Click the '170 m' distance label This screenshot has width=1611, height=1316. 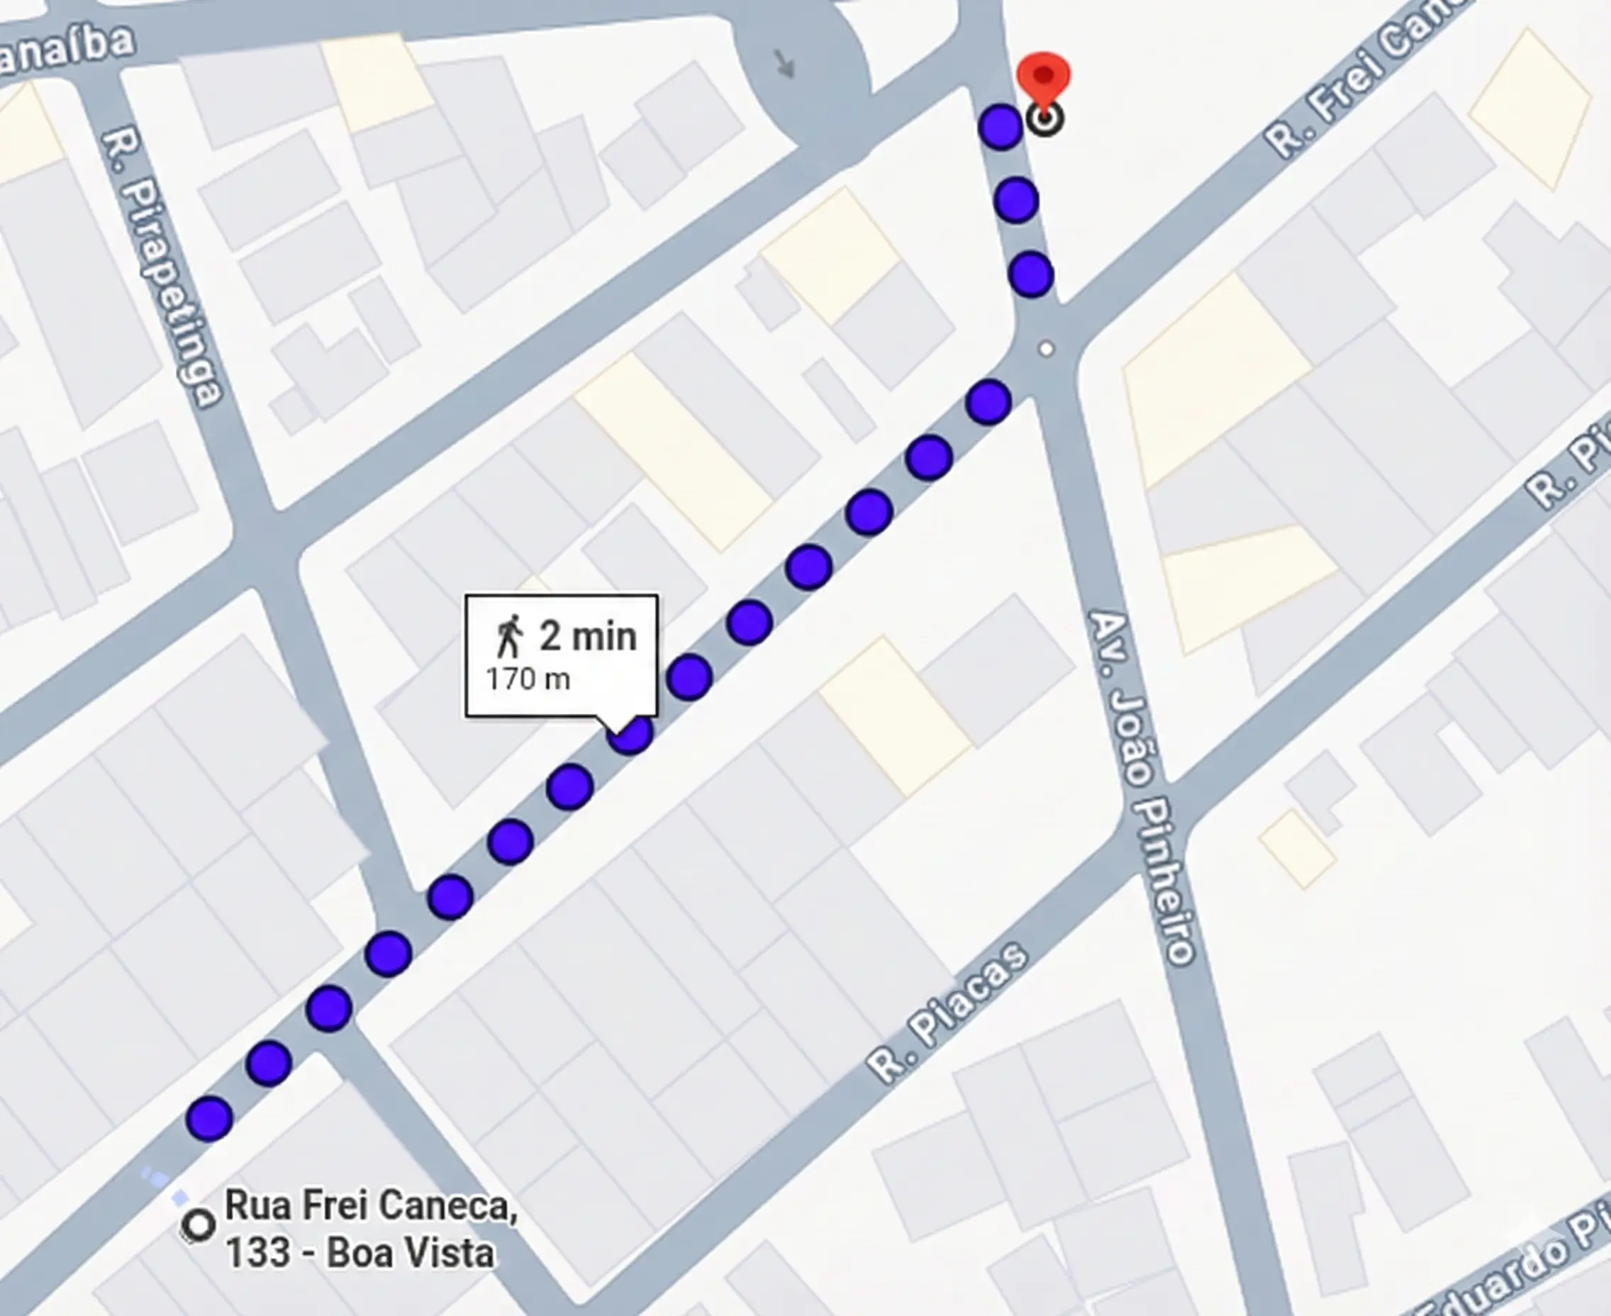tap(528, 679)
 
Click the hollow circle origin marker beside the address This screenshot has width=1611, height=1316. tap(199, 1225)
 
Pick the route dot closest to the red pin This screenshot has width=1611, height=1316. tap(1000, 127)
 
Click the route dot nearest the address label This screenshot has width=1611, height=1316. tap(209, 1118)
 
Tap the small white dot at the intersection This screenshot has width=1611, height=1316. tap(1046, 349)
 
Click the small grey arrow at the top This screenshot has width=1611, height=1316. tap(786, 64)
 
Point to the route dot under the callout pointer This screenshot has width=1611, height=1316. tap(630, 734)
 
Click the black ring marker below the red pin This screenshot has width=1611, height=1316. tap(1044, 119)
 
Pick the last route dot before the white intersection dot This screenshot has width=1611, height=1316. tap(988, 402)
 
